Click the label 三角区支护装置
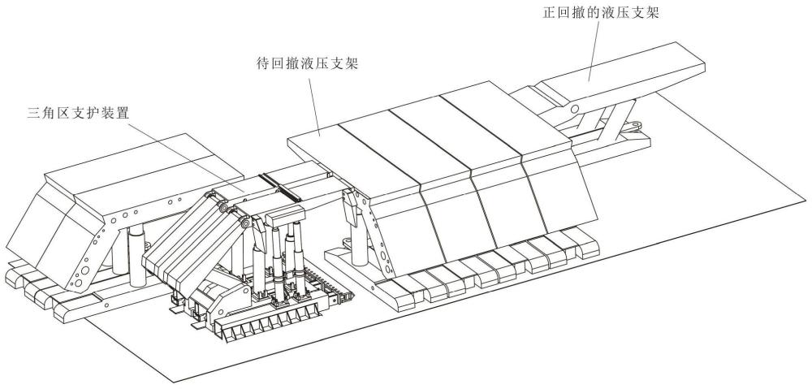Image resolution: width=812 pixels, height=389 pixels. (x=78, y=113)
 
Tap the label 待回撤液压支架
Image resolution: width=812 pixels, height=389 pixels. (x=308, y=63)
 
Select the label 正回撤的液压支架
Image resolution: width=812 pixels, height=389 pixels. (x=601, y=12)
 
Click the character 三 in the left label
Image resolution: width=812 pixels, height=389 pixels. (x=33, y=113)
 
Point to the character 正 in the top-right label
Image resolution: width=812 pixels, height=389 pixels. (x=549, y=12)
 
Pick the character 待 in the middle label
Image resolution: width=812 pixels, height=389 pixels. (x=263, y=63)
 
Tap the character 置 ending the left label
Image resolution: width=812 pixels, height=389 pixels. (x=123, y=113)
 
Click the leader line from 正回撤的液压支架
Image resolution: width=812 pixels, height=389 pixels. (x=593, y=51)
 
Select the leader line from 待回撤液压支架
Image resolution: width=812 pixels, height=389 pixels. (x=314, y=104)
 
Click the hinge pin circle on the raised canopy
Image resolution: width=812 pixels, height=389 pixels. (x=574, y=110)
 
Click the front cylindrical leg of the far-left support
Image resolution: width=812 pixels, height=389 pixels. (x=137, y=255)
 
